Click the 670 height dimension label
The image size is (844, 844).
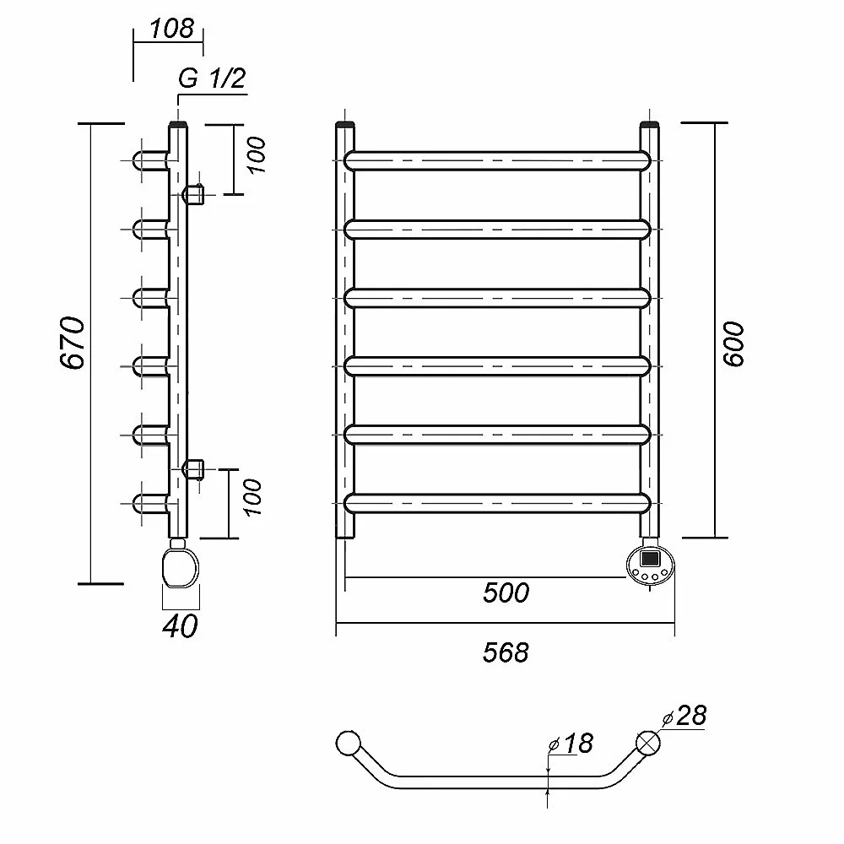pyautogui.click(x=73, y=343)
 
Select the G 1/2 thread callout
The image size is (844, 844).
pyautogui.click(x=211, y=79)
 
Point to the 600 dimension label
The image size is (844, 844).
pyautogui.click(x=735, y=344)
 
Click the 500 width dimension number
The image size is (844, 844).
pyautogui.click(x=506, y=592)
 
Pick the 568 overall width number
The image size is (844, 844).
pyautogui.click(x=506, y=652)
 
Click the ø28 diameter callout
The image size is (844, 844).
pyautogui.click(x=685, y=717)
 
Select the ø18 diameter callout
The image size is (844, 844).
pyautogui.click(x=571, y=744)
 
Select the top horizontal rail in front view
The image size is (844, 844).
pyautogui.click(x=498, y=161)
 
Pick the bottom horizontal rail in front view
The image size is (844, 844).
pyautogui.click(x=498, y=503)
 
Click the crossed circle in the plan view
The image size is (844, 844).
pyautogui.click(x=648, y=743)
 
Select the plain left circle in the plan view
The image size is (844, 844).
pyautogui.click(x=347, y=743)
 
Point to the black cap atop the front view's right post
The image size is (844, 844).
pyautogui.click(x=650, y=127)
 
